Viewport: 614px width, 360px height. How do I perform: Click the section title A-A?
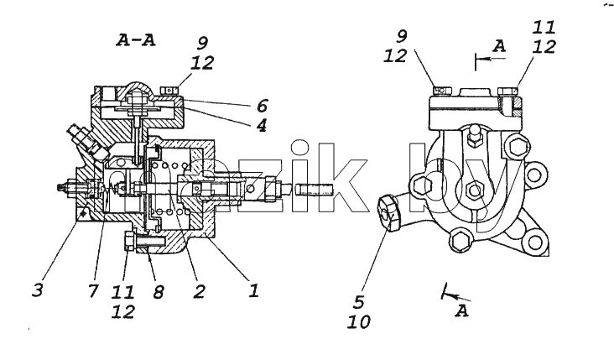tap(136, 40)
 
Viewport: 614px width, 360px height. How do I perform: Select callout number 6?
tap(262, 107)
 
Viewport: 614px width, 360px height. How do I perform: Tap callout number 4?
tap(262, 125)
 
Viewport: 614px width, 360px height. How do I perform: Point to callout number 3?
tap(38, 290)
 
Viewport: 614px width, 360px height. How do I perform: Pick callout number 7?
tap(93, 290)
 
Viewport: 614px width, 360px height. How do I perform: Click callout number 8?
tap(159, 291)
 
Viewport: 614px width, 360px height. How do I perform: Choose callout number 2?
tap(200, 291)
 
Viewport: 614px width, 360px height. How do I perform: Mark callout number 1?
tap(254, 290)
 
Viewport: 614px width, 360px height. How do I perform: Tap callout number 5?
tap(359, 302)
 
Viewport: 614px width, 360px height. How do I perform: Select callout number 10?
tap(359, 322)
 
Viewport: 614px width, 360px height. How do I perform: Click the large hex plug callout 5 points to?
tap(389, 213)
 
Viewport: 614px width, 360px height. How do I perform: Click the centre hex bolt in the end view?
tap(475, 190)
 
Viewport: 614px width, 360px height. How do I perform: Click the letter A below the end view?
tap(462, 311)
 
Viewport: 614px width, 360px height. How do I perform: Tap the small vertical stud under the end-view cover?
tap(475, 135)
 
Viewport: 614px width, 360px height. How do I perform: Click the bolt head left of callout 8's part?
tap(128, 241)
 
